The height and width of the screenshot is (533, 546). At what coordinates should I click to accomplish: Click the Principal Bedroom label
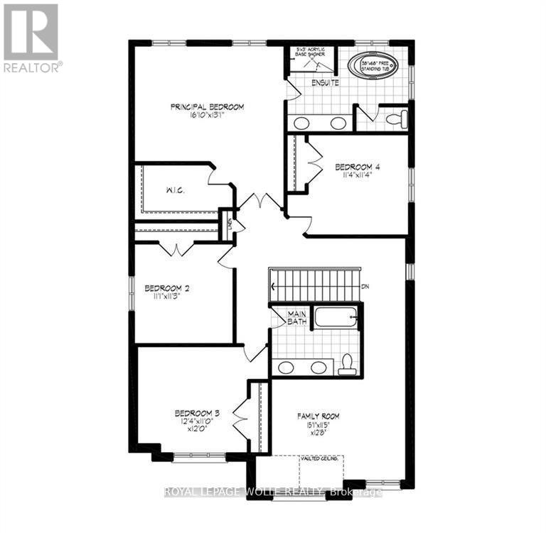coord(207,107)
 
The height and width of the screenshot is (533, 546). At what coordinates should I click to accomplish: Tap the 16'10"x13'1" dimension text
coord(207,117)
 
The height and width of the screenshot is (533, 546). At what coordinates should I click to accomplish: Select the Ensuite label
coord(325,83)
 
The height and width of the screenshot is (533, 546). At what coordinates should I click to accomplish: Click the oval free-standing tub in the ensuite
coord(373,67)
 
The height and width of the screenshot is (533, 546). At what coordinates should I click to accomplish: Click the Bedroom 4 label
coord(358,167)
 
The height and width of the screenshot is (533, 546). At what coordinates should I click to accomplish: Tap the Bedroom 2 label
coord(166,288)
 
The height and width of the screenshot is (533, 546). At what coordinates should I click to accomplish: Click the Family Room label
coord(318,416)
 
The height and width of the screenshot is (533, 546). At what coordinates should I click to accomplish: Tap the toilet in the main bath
coord(346,363)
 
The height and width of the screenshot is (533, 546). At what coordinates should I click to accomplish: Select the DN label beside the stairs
coord(366,287)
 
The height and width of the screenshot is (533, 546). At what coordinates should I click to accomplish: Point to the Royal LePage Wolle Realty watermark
coord(273,492)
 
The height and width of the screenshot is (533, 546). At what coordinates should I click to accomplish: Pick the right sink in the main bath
coord(319,368)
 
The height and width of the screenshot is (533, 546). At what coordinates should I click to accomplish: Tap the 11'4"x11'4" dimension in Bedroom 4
coord(358,177)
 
